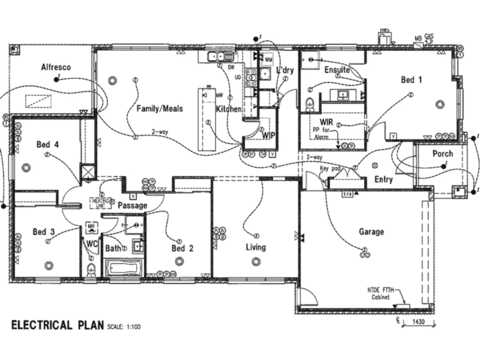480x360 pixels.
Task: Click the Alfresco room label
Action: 56,67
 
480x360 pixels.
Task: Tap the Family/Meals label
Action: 159,108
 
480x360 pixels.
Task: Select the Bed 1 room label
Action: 411,80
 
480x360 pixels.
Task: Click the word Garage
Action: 372,232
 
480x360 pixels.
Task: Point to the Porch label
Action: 442,154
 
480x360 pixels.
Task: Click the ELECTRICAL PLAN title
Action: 57,325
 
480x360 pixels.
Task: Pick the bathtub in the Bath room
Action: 123,267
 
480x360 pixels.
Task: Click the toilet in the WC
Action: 91,269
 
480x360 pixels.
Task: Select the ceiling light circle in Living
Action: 255,261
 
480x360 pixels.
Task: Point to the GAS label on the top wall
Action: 428,36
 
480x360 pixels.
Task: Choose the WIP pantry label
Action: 268,135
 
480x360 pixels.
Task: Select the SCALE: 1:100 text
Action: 124,327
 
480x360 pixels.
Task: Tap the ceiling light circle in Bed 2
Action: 179,261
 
